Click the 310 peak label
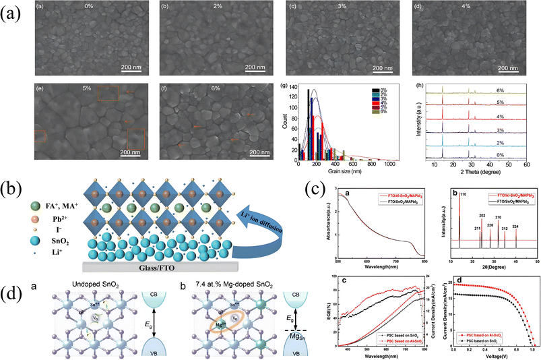tap(498, 218)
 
